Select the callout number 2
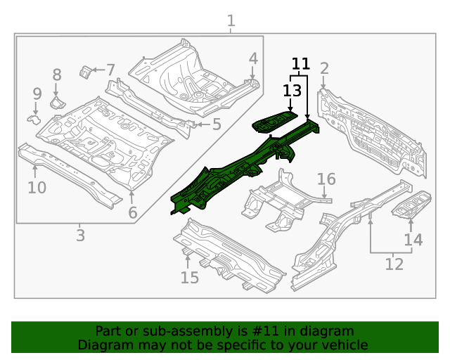tap(324, 68)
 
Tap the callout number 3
tap(80, 235)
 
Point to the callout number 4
tap(252, 58)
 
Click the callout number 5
tap(217, 124)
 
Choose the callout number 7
tap(110, 69)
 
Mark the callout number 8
tap(57, 75)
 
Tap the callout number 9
tap(37, 94)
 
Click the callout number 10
tap(37, 187)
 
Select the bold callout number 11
tap(300, 64)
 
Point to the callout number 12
tap(394, 264)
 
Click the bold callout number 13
tap(292, 90)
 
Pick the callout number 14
tap(413, 240)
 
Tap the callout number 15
tap(189, 277)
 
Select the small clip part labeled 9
tap(34, 118)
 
